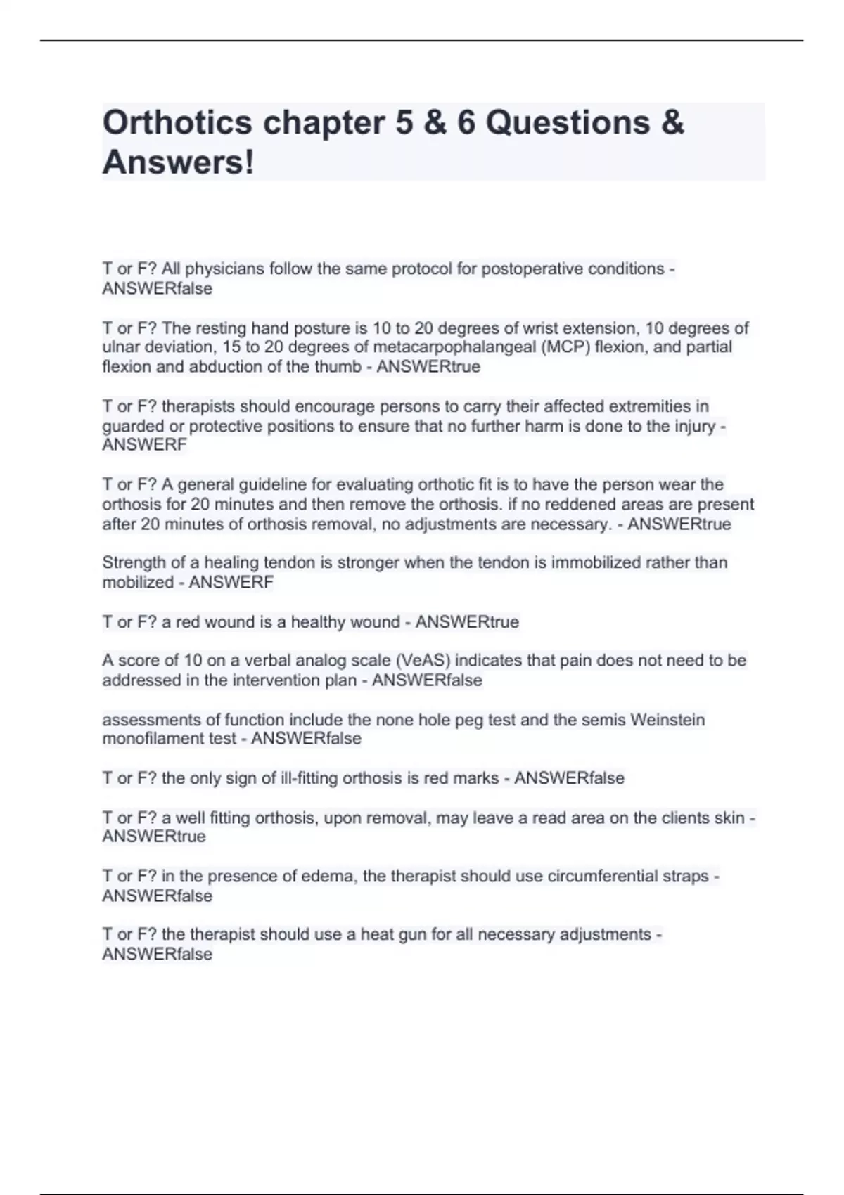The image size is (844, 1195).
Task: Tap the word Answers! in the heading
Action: (178, 162)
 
